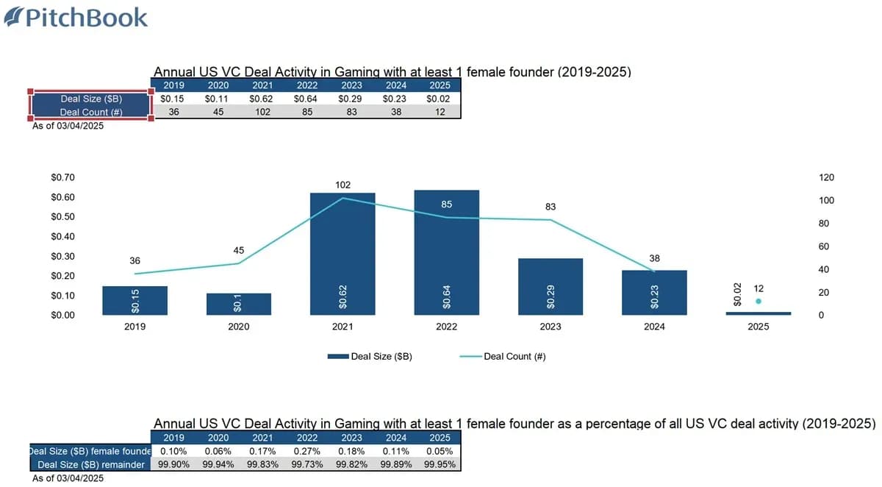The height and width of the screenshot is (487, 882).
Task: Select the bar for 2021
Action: point(343,254)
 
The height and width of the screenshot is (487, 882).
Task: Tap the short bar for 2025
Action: point(758,313)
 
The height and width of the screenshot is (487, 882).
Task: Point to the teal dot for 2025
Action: point(759,302)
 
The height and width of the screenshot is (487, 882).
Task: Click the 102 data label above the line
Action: point(343,185)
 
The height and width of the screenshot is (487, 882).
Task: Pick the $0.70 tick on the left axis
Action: point(62,177)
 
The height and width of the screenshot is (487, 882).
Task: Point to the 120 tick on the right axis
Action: point(827,177)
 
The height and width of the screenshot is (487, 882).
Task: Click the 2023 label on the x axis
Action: point(551,327)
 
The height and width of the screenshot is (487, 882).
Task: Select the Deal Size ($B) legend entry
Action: point(370,357)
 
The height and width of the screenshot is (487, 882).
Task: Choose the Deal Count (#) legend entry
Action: point(503,357)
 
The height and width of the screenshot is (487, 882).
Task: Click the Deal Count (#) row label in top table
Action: point(90,112)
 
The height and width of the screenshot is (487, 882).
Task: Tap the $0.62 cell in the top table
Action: point(262,98)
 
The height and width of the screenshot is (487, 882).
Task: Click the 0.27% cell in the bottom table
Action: point(306,450)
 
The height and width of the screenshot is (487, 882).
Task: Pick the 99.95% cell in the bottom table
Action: point(440,464)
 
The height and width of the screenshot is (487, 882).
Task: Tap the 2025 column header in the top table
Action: point(440,85)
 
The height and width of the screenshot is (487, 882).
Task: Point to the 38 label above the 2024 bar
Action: point(654,258)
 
